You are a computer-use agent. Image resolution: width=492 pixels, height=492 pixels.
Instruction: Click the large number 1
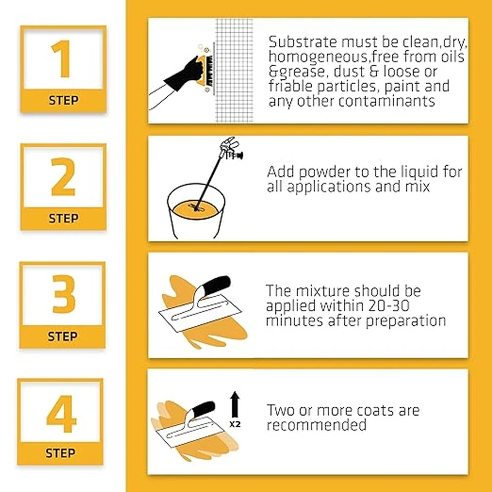62,58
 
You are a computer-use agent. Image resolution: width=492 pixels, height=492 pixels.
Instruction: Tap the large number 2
63,177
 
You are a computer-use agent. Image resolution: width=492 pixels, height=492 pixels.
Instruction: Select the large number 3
64,294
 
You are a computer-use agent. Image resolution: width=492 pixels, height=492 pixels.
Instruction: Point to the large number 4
61,414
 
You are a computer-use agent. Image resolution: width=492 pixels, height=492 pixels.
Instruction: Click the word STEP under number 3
62,336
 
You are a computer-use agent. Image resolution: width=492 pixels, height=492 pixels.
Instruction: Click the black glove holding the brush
185,74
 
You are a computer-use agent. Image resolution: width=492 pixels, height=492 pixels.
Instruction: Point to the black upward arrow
235,404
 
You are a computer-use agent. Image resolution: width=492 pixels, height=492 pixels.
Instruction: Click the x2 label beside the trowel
235,424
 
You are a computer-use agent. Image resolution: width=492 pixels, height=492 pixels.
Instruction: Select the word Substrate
303,42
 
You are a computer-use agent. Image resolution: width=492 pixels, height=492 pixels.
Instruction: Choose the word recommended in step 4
317,425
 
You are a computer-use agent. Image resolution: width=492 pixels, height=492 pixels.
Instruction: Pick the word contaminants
386,101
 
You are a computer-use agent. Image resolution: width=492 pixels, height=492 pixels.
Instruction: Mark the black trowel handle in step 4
203,409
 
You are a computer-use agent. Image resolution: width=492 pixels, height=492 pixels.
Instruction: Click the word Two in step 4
281,411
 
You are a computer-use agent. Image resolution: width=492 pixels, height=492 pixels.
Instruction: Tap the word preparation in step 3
406,321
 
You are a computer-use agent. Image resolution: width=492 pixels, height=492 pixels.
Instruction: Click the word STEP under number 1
63,101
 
